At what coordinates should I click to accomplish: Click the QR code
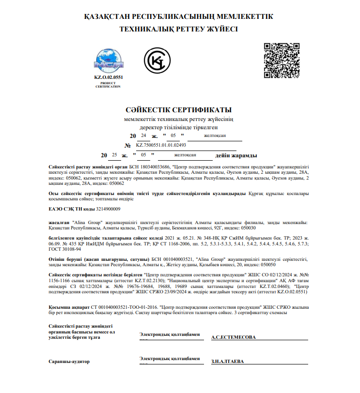(282, 60)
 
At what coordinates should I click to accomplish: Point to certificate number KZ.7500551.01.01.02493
(161, 145)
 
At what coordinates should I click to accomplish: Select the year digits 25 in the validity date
(114, 155)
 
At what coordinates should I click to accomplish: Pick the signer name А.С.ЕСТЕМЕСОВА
(233, 338)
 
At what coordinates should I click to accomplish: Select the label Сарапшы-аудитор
(69, 362)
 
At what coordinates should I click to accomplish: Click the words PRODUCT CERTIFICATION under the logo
(108, 85)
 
